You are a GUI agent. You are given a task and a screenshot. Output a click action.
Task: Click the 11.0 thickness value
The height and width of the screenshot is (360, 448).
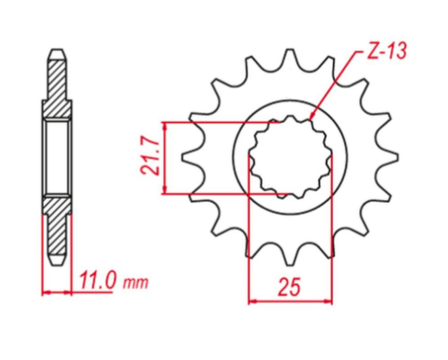point(98,282)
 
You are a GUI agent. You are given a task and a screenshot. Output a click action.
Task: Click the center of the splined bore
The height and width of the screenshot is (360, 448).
point(289,158)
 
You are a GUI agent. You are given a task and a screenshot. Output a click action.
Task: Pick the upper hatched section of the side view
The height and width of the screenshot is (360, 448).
point(55,91)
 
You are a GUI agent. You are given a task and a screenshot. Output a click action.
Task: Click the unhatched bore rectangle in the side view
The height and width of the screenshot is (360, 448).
point(55,157)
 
